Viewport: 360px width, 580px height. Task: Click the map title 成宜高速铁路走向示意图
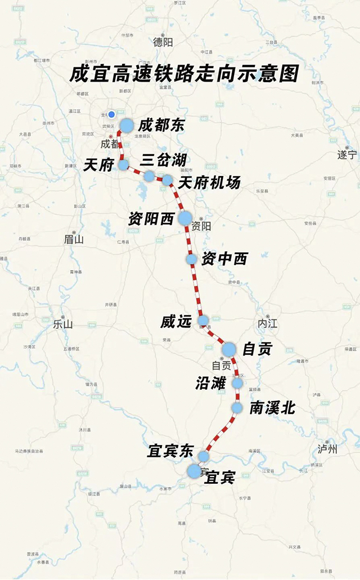coord(183,74)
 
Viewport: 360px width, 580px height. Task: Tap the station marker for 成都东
coord(127,125)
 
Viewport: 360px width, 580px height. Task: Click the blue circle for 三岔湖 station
coord(149,176)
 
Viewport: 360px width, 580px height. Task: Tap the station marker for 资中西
coord(192,259)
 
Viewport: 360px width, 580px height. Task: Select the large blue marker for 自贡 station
coord(228,349)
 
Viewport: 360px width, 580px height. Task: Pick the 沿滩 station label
coord(210,383)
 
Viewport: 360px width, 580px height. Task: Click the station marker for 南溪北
coord(237,407)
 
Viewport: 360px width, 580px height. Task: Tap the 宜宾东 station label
coord(170,451)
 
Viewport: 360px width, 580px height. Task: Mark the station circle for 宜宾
coord(194,471)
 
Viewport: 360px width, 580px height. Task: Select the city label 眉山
coord(74,240)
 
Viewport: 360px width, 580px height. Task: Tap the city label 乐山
coord(63,324)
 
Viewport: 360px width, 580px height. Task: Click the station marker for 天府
coord(123,165)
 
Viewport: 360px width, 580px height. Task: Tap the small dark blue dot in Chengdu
coord(111,114)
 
